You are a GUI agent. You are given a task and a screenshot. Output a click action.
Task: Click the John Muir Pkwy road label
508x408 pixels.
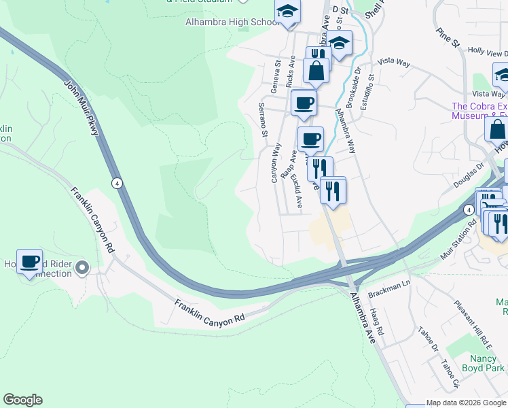point(82,108)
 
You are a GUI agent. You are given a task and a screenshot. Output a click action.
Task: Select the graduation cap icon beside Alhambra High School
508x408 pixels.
point(287,13)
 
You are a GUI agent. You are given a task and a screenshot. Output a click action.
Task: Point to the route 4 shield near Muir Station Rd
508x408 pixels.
point(469,210)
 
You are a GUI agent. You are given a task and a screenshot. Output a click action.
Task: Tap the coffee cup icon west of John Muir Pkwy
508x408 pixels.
point(30,261)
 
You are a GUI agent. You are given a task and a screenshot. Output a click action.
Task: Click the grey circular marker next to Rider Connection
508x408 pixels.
point(82,268)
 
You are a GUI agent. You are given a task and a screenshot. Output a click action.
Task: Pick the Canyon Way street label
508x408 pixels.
point(276,162)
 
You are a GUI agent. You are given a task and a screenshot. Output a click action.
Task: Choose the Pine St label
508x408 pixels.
point(449,38)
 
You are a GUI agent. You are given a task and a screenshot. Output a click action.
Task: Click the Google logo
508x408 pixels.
point(23,400)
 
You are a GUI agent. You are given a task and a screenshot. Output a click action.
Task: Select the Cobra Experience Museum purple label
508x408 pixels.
point(479,111)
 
